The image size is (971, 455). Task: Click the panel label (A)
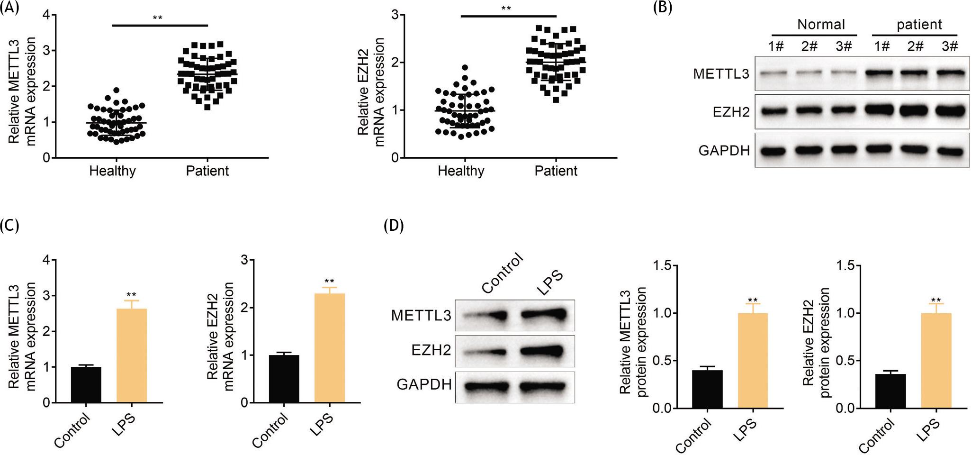[9, 8]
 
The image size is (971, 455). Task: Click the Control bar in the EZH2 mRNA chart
[284, 379]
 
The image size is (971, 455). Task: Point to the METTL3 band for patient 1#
[882, 73]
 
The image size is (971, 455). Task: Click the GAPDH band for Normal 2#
[809, 150]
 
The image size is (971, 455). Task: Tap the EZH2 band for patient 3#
[950, 111]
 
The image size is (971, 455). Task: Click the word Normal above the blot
[821, 24]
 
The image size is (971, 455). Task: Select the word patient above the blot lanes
[919, 24]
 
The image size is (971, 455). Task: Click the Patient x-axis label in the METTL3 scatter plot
[207, 171]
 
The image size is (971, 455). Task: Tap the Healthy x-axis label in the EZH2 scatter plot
[461, 171]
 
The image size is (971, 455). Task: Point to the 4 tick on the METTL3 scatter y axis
[46, 15]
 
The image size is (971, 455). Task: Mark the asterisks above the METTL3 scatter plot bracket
[157, 18]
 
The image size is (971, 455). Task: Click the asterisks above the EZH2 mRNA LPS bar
[329, 281]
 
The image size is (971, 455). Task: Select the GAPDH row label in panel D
[424, 384]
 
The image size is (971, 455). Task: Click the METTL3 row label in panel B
[721, 74]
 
